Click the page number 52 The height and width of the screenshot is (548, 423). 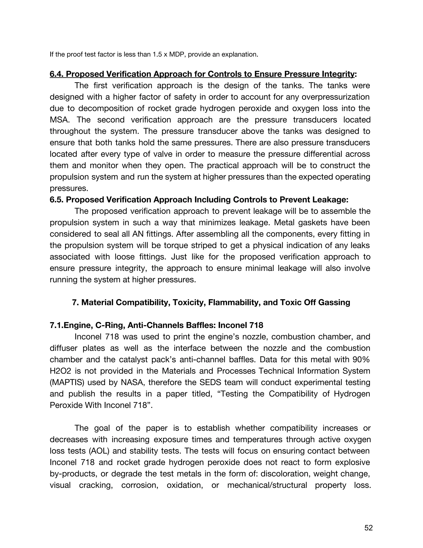pos(368,528)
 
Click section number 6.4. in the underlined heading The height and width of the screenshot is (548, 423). pos(57,74)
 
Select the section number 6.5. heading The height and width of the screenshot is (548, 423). pos(57,200)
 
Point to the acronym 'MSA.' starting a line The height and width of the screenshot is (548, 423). pos(60,120)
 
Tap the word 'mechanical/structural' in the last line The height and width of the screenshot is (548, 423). pos(267,485)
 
